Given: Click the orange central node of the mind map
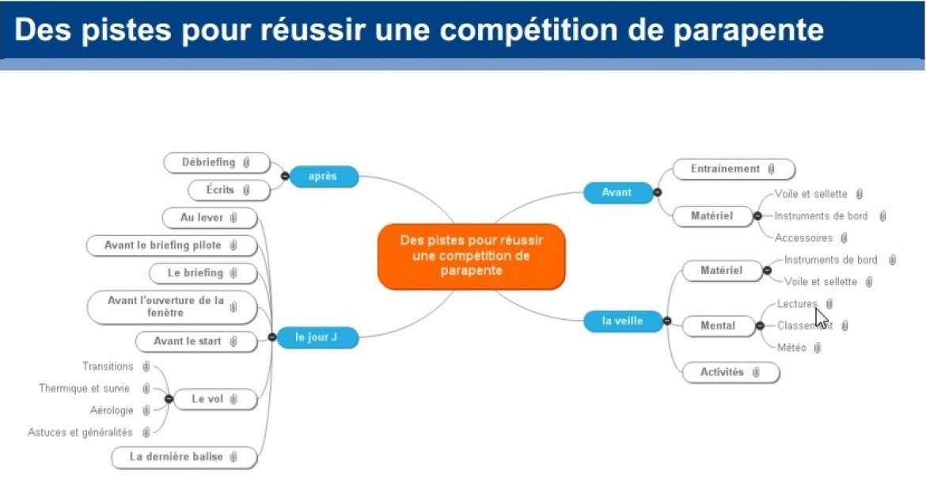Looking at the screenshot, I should click(x=472, y=257).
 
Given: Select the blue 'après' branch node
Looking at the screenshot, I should click(x=323, y=176).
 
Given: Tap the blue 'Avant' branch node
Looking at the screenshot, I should click(x=617, y=192).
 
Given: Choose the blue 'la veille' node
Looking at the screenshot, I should click(x=622, y=321).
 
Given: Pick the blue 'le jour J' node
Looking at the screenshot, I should click(x=317, y=337).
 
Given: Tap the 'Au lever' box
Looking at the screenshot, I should click(x=210, y=217).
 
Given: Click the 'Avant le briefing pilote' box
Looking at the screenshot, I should click(x=171, y=246).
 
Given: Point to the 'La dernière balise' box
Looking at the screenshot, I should click(x=184, y=457).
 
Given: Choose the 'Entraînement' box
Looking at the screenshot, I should click(x=733, y=169).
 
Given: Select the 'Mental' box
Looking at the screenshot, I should click(x=718, y=325).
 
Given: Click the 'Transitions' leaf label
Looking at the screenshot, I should click(x=108, y=367).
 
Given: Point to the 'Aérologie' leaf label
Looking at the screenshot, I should click(x=112, y=410).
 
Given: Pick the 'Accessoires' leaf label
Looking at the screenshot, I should click(x=803, y=238).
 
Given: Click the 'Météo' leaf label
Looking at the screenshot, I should click(x=791, y=348).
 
